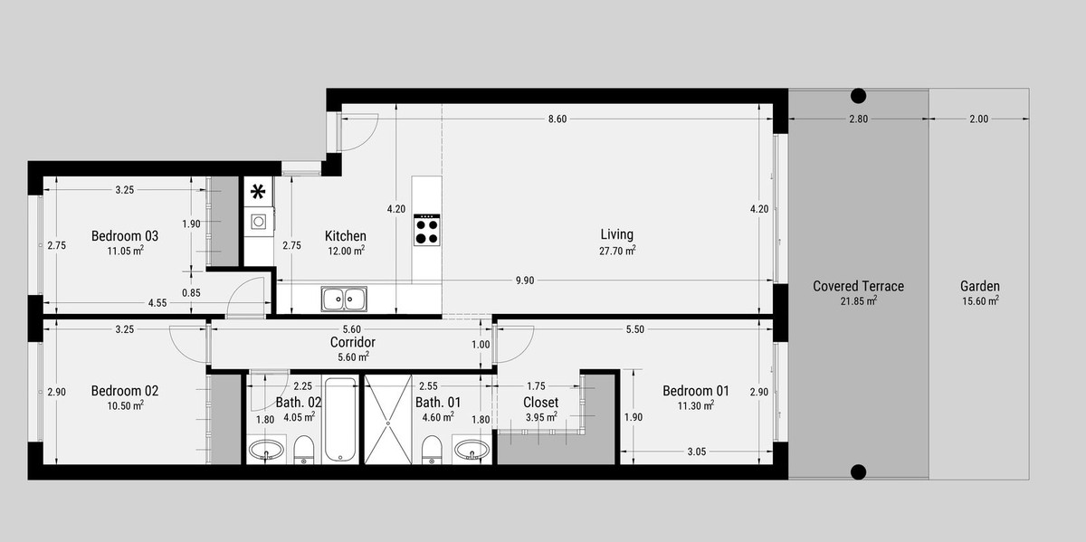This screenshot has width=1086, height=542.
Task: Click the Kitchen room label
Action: pyautogui.click(x=345, y=236)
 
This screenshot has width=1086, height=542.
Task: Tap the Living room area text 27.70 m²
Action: pyautogui.click(x=617, y=251)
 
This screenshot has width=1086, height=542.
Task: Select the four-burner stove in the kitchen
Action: pyautogui.click(x=426, y=230)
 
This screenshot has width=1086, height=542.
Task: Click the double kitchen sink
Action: pyautogui.click(x=344, y=299)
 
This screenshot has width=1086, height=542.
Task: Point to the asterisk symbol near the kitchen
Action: pyautogui.click(x=258, y=193)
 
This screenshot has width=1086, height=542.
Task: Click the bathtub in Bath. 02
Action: pyautogui.click(x=341, y=419)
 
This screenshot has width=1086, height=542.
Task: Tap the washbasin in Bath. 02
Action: pyautogui.click(x=266, y=450)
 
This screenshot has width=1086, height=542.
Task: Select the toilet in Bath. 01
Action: pyautogui.click(x=432, y=450)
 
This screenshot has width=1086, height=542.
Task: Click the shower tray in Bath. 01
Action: pyautogui.click(x=388, y=419)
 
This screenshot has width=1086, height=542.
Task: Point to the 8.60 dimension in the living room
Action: pyautogui.click(x=557, y=119)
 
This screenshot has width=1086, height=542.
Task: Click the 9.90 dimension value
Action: pyautogui.click(x=525, y=281)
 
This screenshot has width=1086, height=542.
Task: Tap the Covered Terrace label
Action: pyautogui.click(x=858, y=286)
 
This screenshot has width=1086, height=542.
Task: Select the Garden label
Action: pyautogui.click(x=980, y=286)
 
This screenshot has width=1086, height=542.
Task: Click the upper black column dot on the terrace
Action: pyautogui.click(x=858, y=96)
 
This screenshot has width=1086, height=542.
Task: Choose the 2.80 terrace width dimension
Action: pyautogui.click(x=858, y=119)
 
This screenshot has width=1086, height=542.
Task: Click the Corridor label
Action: pyautogui.click(x=352, y=342)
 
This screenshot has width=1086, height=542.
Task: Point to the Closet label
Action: pyautogui.click(x=540, y=403)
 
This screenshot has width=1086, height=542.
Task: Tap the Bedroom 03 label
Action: pyautogui.click(x=125, y=236)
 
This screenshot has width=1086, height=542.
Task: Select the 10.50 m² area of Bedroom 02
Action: pyautogui.click(x=125, y=405)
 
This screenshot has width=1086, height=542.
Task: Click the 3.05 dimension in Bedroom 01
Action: pyautogui.click(x=697, y=452)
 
